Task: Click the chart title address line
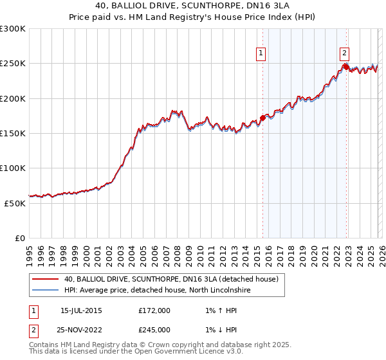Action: (x=193, y=6)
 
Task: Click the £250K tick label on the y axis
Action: (x=13, y=64)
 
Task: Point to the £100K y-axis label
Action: (x=13, y=168)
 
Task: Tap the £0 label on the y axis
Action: (x=20, y=238)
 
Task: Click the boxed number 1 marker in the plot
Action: (x=262, y=54)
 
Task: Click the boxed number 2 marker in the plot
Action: (x=345, y=54)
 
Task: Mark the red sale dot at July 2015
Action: (x=262, y=118)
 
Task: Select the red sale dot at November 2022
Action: (x=345, y=67)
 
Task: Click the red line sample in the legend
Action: (x=44, y=279)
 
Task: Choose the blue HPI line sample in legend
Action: (x=44, y=291)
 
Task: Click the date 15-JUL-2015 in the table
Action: (x=81, y=310)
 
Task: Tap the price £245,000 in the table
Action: (x=154, y=329)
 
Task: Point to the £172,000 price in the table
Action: (x=154, y=310)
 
